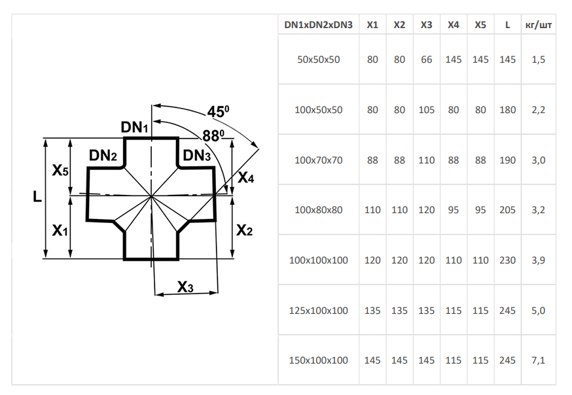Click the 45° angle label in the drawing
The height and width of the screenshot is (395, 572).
(218, 112)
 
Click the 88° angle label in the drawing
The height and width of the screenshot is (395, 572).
(213, 136)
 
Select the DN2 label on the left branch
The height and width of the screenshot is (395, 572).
(103, 156)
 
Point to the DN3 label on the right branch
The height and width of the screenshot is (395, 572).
(196, 156)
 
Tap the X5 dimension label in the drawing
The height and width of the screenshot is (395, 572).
(60, 171)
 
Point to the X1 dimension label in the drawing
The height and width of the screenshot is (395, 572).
(60, 230)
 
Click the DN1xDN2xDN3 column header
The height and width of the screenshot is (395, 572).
(319, 25)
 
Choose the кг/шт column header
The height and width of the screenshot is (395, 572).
(538, 25)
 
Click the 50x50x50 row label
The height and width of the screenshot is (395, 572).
(319, 60)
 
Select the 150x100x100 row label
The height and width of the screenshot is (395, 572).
(319, 360)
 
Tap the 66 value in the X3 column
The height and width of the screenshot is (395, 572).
(426, 60)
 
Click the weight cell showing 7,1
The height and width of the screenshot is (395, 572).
(538, 360)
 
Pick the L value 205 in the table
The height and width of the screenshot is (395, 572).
(507, 210)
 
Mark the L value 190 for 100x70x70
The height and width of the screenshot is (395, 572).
(507, 160)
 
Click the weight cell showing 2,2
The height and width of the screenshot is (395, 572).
(538, 110)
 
